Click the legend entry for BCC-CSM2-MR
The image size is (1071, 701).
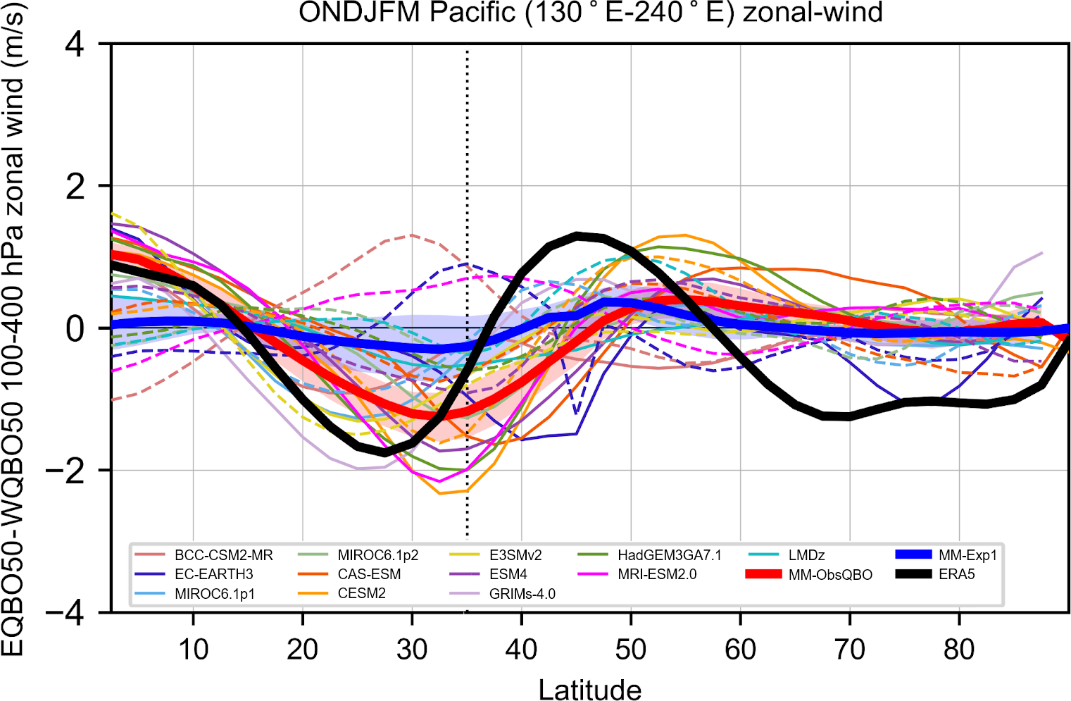click(223, 555)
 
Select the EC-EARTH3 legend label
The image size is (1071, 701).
click(214, 574)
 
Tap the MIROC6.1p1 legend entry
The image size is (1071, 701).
click(215, 594)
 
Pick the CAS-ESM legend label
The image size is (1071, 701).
click(369, 574)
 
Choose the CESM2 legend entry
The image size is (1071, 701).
click(361, 594)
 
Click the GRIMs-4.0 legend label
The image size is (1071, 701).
click(522, 594)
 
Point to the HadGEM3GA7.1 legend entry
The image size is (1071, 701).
click(670, 555)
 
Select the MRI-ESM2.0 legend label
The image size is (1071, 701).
click(657, 574)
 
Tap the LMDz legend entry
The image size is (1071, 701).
click(807, 555)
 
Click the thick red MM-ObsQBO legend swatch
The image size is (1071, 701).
click(763, 574)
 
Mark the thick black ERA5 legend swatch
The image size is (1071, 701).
click(913, 574)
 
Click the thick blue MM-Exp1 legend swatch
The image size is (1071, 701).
click(913, 555)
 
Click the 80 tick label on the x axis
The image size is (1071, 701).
click(959, 650)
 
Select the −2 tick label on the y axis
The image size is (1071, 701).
click(65, 471)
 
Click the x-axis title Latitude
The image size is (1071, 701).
click(590, 690)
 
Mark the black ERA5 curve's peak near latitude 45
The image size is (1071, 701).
click(577, 236)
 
